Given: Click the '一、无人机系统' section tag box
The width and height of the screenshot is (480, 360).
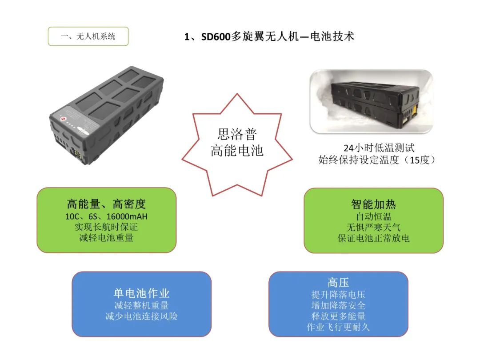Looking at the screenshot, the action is click(x=88, y=36).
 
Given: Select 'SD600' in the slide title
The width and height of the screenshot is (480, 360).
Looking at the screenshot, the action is click(x=216, y=37).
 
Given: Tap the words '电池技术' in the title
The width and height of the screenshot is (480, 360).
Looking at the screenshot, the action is click(x=332, y=36).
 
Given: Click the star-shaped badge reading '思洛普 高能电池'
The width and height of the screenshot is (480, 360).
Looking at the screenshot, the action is click(x=237, y=144).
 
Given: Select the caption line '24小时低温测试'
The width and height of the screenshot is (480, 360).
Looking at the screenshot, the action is click(x=379, y=148).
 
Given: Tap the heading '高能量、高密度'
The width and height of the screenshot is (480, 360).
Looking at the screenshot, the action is click(x=106, y=204).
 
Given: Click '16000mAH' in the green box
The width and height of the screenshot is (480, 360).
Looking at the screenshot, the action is click(x=127, y=216).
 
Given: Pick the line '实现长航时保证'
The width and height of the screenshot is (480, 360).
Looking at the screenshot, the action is click(x=106, y=227).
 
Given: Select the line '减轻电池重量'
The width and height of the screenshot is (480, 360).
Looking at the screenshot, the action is click(x=106, y=238).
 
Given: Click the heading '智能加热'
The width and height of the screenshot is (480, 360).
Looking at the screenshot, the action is click(x=373, y=204).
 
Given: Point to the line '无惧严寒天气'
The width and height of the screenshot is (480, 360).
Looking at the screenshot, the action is click(x=373, y=228).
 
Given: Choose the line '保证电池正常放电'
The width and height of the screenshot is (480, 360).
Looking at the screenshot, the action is click(x=373, y=238).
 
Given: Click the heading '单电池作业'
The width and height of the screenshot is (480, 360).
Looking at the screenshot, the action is click(x=141, y=293).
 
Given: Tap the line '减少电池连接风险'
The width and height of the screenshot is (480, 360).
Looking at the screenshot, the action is click(x=141, y=316).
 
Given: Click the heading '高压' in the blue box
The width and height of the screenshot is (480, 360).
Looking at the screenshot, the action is click(x=338, y=282).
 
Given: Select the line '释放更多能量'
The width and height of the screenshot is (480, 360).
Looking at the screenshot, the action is click(x=338, y=316).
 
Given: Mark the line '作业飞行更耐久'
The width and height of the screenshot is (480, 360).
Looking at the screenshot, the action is click(x=338, y=327).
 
